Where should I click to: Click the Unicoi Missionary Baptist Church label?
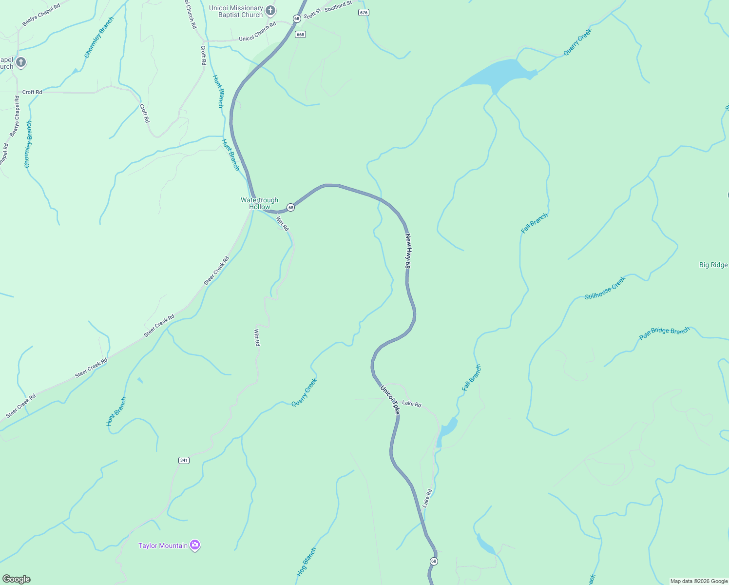pyautogui.click(x=236, y=12)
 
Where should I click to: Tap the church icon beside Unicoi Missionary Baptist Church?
pyautogui.click(x=270, y=11)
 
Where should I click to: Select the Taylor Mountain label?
pyautogui.click(x=163, y=546)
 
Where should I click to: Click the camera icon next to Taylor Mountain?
pyautogui.click(x=195, y=545)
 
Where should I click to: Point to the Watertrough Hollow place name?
pyautogui.click(x=259, y=203)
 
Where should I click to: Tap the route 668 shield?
pyautogui.click(x=300, y=34)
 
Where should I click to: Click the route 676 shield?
pyautogui.click(x=364, y=13)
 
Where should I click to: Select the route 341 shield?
pyautogui.click(x=184, y=460)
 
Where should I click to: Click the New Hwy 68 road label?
pyautogui.click(x=408, y=251)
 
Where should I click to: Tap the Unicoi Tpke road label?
pyautogui.click(x=390, y=400)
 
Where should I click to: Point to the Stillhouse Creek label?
pyautogui.click(x=605, y=288)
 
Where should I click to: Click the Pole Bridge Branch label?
pyautogui.click(x=664, y=333)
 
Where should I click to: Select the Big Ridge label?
pyautogui.click(x=713, y=265)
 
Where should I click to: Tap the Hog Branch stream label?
pyautogui.click(x=306, y=562)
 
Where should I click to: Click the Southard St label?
pyautogui.click(x=338, y=6)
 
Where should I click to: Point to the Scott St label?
pyautogui.click(x=312, y=14)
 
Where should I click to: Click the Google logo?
pyautogui.click(x=17, y=579)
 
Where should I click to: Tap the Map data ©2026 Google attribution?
pyautogui.click(x=699, y=581)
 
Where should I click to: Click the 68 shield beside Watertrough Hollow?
pyautogui.click(x=290, y=207)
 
